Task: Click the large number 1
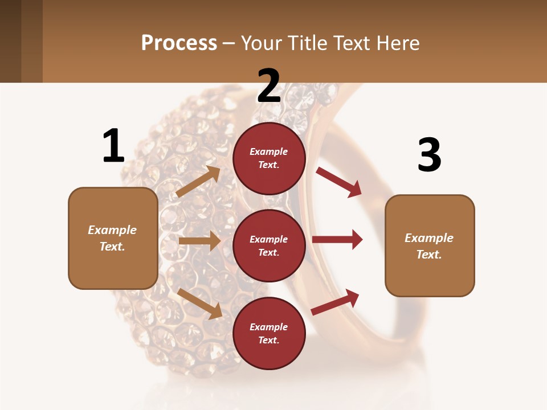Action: coord(113,146)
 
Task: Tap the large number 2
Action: coord(269,86)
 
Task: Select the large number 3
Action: coord(429,155)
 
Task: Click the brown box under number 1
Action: coord(113,238)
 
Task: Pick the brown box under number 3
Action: coord(430,245)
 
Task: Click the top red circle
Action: coord(269,158)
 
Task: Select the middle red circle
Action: coord(269,245)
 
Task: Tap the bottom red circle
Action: coord(269,333)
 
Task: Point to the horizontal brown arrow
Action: coord(199,241)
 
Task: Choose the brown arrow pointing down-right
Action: coord(199,303)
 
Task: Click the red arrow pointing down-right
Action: coord(339,182)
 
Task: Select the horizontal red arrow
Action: coord(337,240)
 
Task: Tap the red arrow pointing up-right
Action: coord(336,302)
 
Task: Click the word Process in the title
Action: coord(179,43)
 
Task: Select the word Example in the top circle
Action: coord(269,151)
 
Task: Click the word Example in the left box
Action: coord(112,230)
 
